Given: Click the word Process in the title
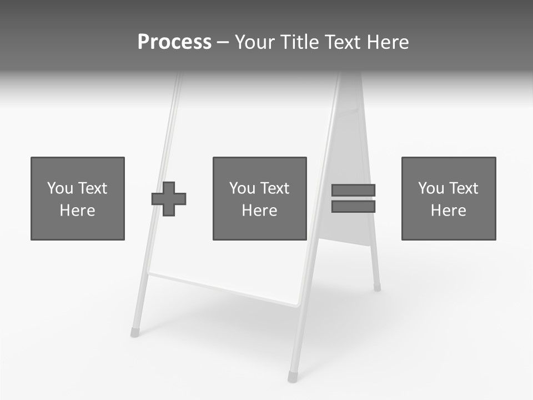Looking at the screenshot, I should tap(174, 42).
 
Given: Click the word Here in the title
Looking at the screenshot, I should tap(389, 42).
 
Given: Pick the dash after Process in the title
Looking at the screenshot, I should tap(223, 43).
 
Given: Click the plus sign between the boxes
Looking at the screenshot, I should tap(169, 198).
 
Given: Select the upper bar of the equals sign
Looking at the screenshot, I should tap(353, 190).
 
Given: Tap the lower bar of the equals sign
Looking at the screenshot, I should tap(353, 206).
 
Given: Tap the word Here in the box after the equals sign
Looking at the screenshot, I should tap(448, 211).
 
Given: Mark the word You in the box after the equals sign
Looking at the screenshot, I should tap(430, 188).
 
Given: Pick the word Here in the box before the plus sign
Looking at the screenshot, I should tap(77, 211).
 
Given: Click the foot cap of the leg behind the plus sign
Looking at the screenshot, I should tap(134, 332).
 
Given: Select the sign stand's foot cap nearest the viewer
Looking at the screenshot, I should tap(292, 377).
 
